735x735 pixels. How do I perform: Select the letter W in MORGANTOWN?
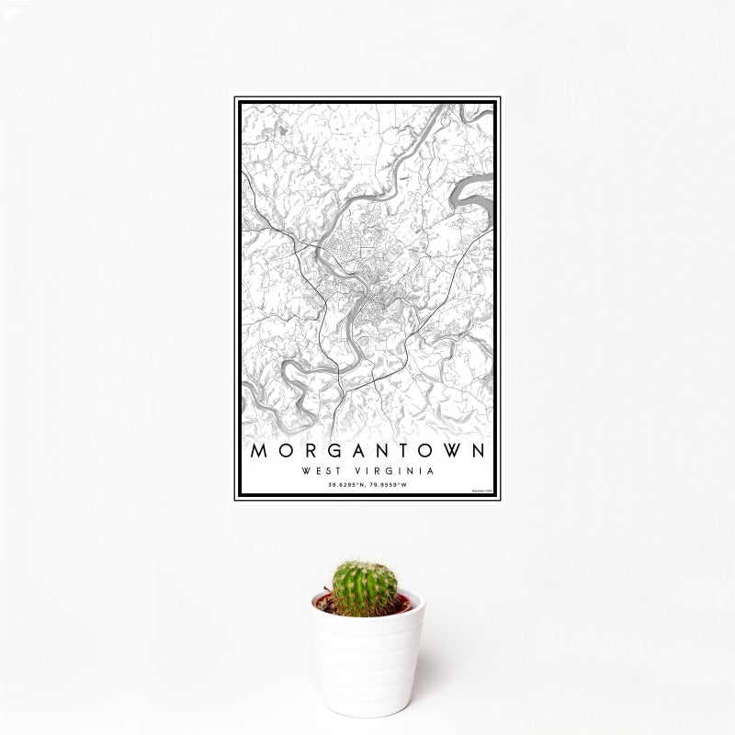(x=452, y=454)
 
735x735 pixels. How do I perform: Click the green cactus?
(x=365, y=589)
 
